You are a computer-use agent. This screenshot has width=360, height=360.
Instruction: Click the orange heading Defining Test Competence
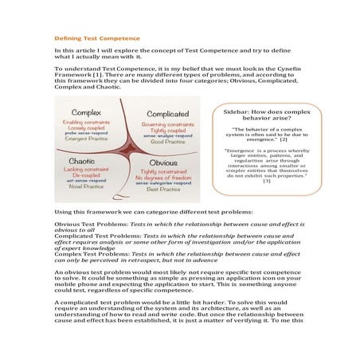click(96, 37)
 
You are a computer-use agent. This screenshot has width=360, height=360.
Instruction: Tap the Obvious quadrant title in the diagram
click(163, 162)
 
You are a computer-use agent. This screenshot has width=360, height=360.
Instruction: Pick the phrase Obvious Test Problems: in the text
click(86, 225)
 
